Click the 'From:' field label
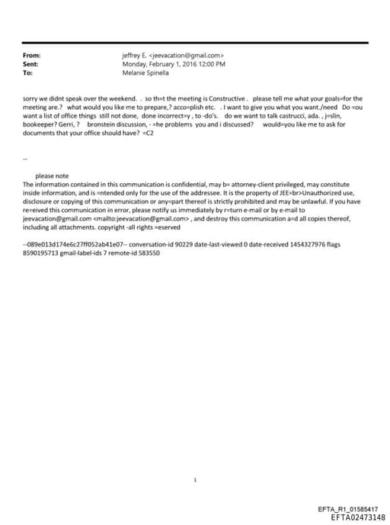[x=32, y=56]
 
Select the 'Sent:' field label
[x=32, y=64]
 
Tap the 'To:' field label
[x=28, y=73]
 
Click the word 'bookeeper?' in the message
[x=40, y=124]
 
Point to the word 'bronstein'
[x=103, y=124]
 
